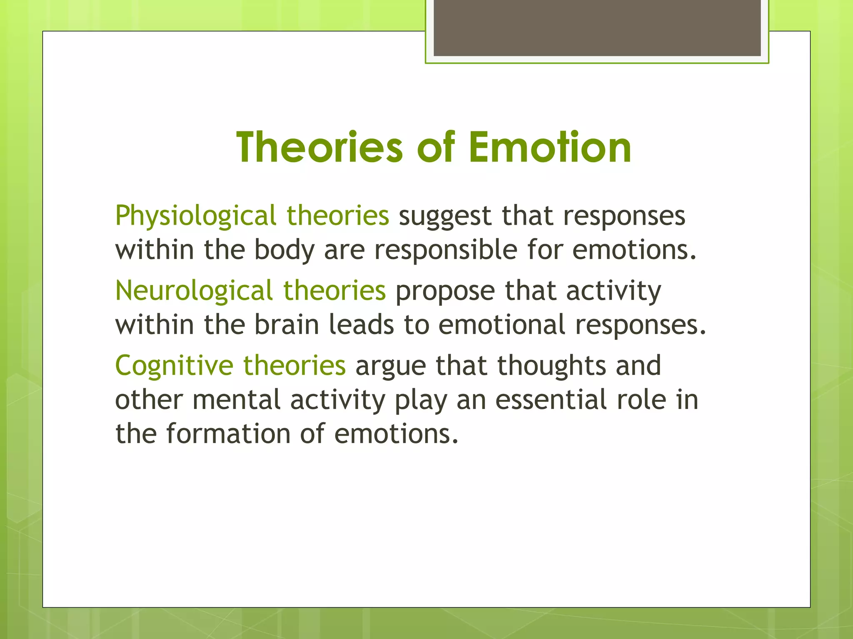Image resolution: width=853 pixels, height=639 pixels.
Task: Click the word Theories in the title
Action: (319, 147)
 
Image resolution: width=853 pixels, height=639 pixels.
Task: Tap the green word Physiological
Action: (195, 216)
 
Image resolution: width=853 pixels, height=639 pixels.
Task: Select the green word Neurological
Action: (194, 291)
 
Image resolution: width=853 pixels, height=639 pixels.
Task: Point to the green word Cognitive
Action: (174, 366)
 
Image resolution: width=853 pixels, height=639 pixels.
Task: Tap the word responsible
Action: (445, 250)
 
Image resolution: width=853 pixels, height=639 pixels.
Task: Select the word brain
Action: (286, 325)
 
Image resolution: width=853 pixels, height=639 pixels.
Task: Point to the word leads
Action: (361, 325)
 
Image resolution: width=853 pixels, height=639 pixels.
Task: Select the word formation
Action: (228, 433)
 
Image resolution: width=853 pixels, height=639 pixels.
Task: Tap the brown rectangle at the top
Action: (597, 27)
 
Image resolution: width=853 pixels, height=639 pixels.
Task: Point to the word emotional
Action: (501, 325)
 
